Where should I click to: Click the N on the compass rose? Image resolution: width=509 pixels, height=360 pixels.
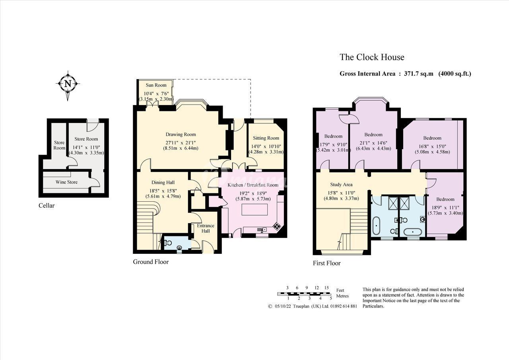tap(68, 84)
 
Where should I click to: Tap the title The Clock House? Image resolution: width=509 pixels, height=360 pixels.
tap(372, 57)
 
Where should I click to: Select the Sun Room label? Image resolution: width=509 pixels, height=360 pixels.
tap(156, 85)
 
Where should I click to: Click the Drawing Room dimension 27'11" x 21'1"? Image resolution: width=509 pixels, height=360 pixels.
tap(181, 143)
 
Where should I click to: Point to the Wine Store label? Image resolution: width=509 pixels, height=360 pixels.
tap(66, 182)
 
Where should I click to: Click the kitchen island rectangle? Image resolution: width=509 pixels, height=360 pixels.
tap(254, 210)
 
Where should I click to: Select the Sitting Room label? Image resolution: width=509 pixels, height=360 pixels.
tap(266, 138)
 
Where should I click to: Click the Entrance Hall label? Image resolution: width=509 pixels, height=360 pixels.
tap(206, 228)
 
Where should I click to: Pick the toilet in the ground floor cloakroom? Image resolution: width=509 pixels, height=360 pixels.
tap(168, 243)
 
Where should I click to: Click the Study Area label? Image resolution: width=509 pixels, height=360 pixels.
tap(341, 185)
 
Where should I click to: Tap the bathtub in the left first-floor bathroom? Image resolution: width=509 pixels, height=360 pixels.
tap(376, 226)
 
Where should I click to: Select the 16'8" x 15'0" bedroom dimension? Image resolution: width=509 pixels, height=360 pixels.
tap(432, 146)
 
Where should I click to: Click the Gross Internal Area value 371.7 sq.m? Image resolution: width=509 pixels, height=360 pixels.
tap(419, 74)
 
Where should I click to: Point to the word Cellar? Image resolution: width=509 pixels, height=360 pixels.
tap(47, 205)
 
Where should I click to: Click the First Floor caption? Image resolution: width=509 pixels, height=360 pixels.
tap(327, 263)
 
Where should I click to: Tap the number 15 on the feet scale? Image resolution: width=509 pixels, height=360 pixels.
tap(326, 288)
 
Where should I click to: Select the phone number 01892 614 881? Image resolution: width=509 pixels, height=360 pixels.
tap(344, 306)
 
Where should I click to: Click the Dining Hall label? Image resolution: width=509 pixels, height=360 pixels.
tap(163, 183)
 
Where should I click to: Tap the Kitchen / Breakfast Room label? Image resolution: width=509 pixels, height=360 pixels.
tap(253, 185)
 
